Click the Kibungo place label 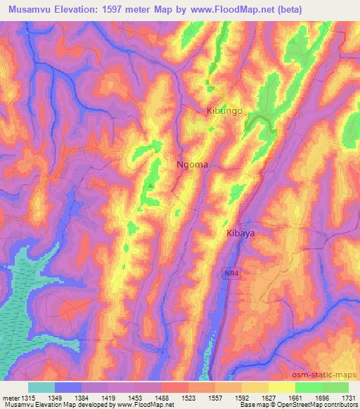[x=224, y=111]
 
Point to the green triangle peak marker [x=149, y=186]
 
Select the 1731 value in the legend [x=347, y=397]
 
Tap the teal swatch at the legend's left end [x=41, y=387]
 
